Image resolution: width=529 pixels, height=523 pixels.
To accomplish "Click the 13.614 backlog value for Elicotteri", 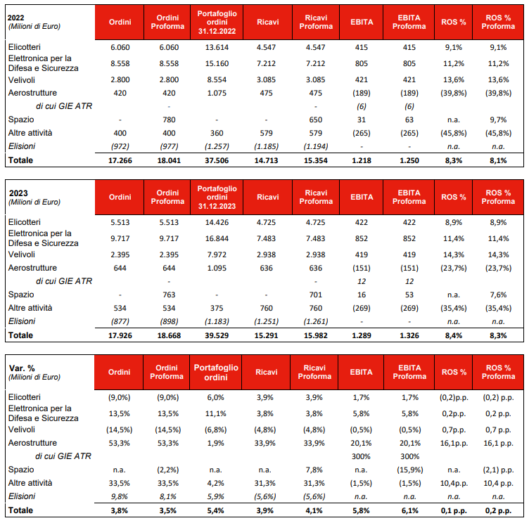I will pyautogui.click(x=215, y=48).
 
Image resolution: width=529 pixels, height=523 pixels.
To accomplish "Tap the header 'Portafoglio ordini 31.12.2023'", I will pyautogui.click(x=215, y=198).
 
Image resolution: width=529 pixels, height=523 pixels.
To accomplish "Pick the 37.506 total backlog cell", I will pyautogui.click(x=215, y=160).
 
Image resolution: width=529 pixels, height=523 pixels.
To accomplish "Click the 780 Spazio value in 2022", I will pyautogui.click(x=167, y=120).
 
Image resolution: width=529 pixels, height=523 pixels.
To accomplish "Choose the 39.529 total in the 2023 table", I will pyautogui.click(x=215, y=335).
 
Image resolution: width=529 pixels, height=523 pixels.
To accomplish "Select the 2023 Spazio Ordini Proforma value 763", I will pyautogui.click(x=167, y=295).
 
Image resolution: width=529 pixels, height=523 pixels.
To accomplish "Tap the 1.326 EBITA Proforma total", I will pyautogui.click(x=409, y=335).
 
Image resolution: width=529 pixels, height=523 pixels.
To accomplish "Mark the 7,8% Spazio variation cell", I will pyautogui.click(x=314, y=470).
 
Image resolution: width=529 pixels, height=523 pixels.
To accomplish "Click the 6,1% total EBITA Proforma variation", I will pyautogui.click(x=409, y=510).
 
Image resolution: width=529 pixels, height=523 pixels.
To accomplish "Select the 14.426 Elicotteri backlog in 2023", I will pyautogui.click(x=215, y=223).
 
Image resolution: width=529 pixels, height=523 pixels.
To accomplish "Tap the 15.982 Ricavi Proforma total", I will pyautogui.click(x=314, y=335).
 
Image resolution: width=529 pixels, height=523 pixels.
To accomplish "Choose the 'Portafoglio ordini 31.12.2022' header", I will pyautogui.click(x=215, y=22).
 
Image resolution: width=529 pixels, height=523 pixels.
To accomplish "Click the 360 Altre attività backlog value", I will pyautogui.click(x=215, y=133).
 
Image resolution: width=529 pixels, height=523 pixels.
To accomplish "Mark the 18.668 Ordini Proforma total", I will pyautogui.click(x=167, y=335).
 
